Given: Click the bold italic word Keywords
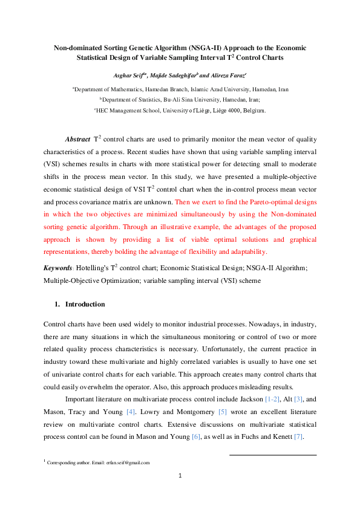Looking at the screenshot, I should click(x=58, y=268).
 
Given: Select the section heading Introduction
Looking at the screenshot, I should click(x=85, y=304).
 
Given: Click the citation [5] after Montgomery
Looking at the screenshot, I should click(x=222, y=412).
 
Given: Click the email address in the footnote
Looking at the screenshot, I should click(x=128, y=462).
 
